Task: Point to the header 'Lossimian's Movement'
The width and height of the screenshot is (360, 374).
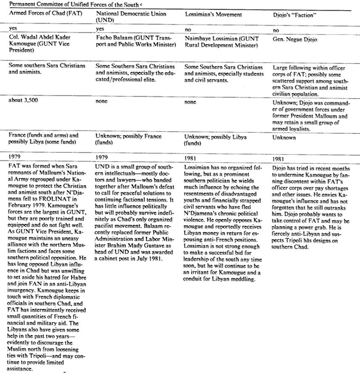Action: (213, 15)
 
